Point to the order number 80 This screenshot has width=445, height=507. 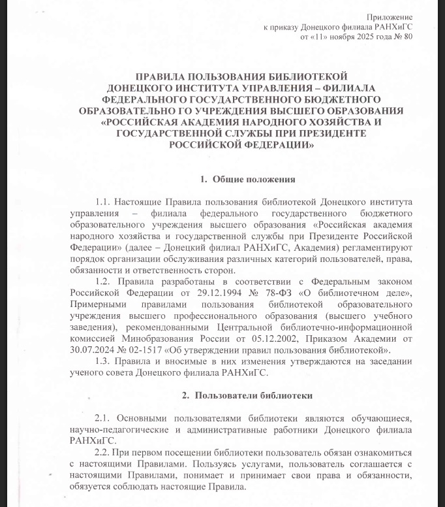pos(409,37)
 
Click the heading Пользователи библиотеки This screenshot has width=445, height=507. pos(253,395)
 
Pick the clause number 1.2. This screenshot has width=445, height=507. pos(104,282)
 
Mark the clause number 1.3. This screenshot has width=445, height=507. pos(104,362)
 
